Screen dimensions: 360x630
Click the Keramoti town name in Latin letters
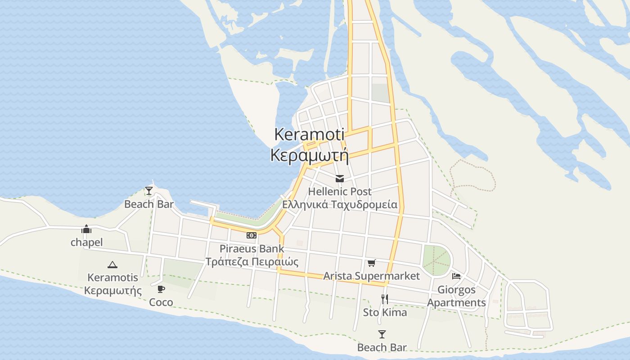[x=309, y=135]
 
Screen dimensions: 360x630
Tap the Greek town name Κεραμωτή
[x=309, y=155]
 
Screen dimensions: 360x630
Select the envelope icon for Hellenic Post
[x=340, y=179]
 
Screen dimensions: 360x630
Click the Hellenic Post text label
[x=340, y=192]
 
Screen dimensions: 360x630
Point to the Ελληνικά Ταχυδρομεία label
[x=340, y=205]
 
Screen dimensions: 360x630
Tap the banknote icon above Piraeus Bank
[x=252, y=235]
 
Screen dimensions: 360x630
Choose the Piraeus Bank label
[x=252, y=248]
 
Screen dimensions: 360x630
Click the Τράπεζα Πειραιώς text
[x=252, y=261]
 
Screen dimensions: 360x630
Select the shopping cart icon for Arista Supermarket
[x=371, y=263]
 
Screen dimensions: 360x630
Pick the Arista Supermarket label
[x=371, y=276]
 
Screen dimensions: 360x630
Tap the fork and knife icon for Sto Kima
[x=385, y=299]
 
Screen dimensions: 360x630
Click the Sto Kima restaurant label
[x=385, y=312]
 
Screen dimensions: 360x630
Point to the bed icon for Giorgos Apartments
[x=456, y=276]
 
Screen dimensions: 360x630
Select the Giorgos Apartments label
[x=456, y=296]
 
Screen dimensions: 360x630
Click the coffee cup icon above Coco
[x=161, y=289]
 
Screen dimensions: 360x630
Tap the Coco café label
[x=161, y=302]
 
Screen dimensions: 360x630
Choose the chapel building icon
[x=86, y=229]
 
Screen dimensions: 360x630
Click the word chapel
[x=86, y=243]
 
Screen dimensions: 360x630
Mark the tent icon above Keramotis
[x=112, y=265]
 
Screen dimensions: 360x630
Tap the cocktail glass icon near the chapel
[x=149, y=191]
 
